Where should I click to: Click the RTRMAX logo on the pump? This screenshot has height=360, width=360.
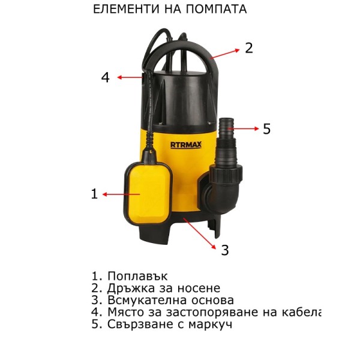pos(186,145)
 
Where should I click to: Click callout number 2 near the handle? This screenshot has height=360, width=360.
pos(249,48)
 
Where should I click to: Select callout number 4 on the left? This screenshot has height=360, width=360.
pos(106,77)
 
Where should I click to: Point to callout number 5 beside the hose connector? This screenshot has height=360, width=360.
pos(266,129)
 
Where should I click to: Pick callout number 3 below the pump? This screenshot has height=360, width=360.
pos(225,250)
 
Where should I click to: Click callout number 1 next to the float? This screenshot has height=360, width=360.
pos(94,194)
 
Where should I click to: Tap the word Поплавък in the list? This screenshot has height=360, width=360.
pos(137,276)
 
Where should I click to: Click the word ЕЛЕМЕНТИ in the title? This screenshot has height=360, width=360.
pos(126,9)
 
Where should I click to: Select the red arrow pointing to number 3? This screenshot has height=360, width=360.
pos(200,233)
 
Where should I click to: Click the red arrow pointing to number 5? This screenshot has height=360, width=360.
pos(243,129)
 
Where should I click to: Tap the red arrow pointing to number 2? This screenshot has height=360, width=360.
pos(226,54)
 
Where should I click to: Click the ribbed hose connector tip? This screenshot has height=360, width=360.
pos(227,126)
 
